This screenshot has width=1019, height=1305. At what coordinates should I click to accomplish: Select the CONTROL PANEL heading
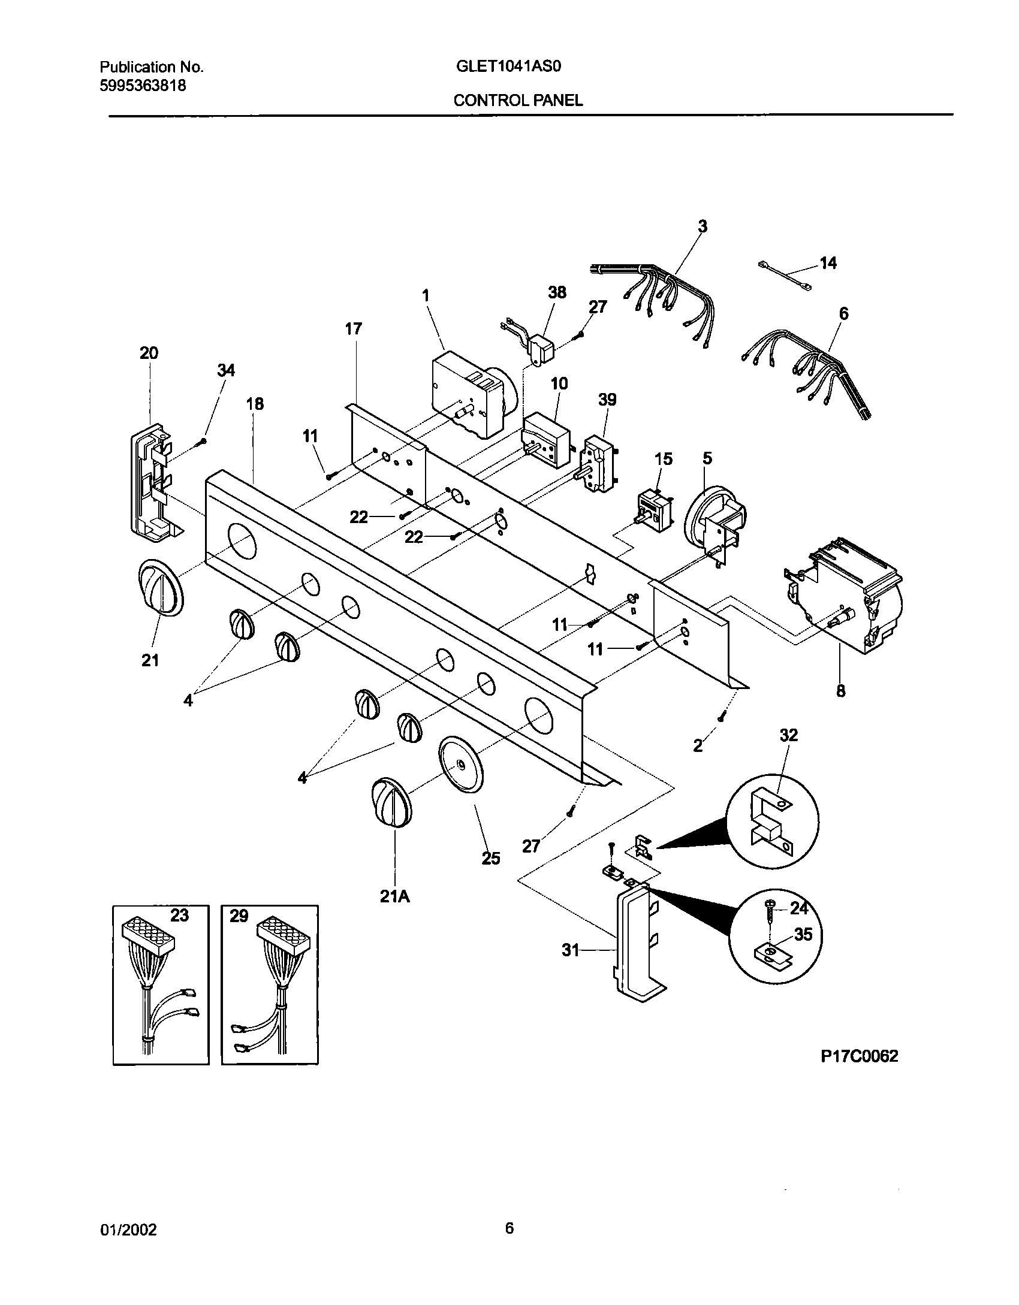point(518,101)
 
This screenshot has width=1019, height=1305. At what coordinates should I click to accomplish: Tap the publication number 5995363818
point(142,86)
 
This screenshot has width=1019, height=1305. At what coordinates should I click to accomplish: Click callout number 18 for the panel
point(255,404)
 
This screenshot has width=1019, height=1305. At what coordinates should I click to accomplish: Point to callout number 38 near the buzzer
point(557,292)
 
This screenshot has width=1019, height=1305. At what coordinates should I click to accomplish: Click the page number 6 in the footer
point(509,1229)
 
